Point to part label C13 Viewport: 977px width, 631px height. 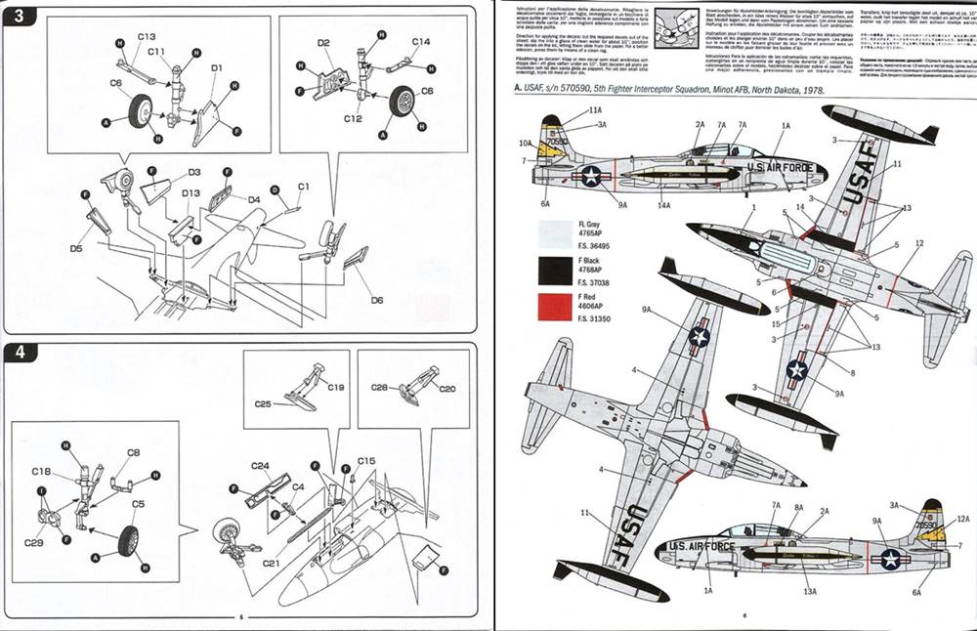[x=147, y=36]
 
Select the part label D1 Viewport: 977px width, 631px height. [x=217, y=66]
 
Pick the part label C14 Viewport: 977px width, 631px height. [x=420, y=42]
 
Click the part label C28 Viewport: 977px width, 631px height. [x=380, y=388]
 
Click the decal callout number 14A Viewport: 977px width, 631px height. [x=664, y=205]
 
